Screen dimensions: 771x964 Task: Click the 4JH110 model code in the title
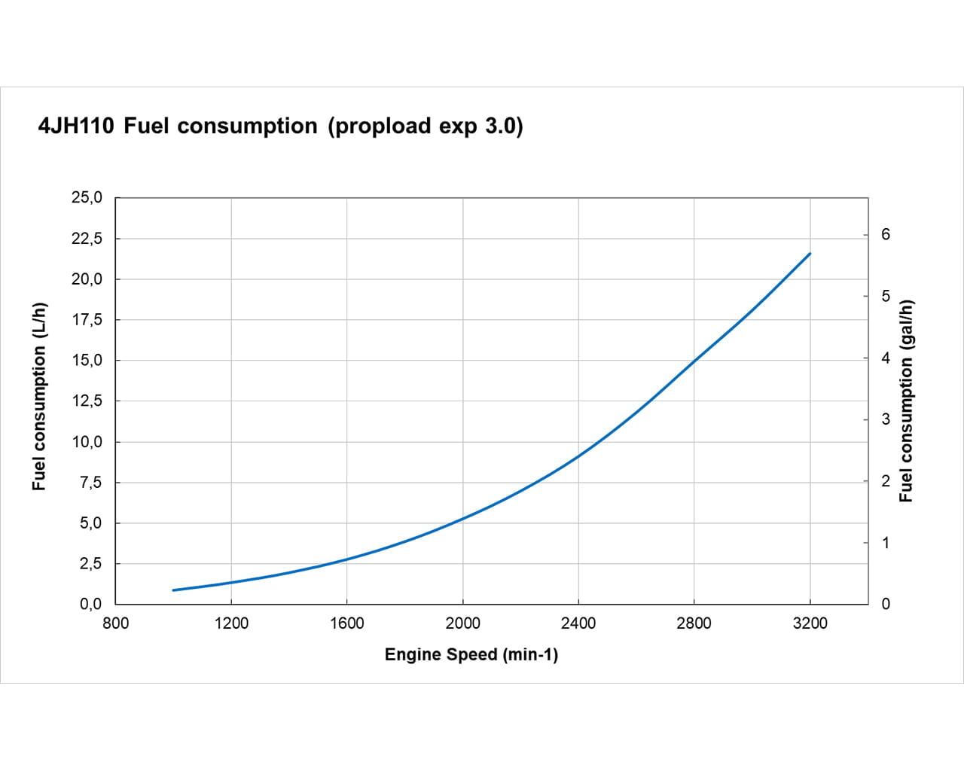pos(76,126)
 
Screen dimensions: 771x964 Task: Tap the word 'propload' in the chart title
pos(382,126)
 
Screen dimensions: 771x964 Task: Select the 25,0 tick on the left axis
pos(86,198)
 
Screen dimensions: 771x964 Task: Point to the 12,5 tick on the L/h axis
pos(86,401)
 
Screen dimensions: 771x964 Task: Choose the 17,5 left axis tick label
pos(86,320)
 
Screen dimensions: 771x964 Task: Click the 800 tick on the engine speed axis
pos(115,623)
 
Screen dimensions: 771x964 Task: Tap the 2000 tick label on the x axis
pos(462,623)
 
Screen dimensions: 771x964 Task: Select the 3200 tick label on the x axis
pos(810,623)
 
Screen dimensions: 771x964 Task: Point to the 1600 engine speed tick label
pos(346,623)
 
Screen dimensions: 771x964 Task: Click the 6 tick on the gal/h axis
pos(886,235)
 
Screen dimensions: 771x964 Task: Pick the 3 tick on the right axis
pos(886,419)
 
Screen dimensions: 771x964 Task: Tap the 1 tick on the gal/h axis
pos(886,543)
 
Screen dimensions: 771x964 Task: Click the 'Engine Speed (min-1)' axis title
pos(471,655)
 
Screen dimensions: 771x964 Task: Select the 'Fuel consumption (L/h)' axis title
pos(39,396)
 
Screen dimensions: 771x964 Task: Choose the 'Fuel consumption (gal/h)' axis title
pos(906,401)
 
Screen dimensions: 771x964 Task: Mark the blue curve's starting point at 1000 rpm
pos(173,590)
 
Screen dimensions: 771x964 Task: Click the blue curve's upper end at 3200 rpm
pos(810,254)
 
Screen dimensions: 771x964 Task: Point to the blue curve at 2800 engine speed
pos(694,360)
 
